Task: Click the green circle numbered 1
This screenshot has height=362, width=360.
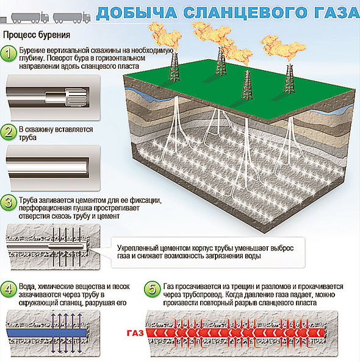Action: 9,54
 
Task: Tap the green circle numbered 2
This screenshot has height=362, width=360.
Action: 9,132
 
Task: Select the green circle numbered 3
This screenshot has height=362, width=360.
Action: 9,203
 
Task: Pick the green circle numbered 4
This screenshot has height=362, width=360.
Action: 9,289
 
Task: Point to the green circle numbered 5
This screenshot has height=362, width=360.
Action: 152,289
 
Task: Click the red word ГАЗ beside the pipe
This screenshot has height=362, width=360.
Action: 135,333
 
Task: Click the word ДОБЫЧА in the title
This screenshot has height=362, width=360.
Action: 137,13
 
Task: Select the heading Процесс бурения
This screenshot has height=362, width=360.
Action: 37,35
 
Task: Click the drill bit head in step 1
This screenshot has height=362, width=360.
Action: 76,96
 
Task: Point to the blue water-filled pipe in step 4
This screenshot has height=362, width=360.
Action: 47,333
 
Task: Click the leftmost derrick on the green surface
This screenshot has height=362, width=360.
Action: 175,66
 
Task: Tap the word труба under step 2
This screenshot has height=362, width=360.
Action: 27,138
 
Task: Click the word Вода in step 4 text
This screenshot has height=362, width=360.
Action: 27,287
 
